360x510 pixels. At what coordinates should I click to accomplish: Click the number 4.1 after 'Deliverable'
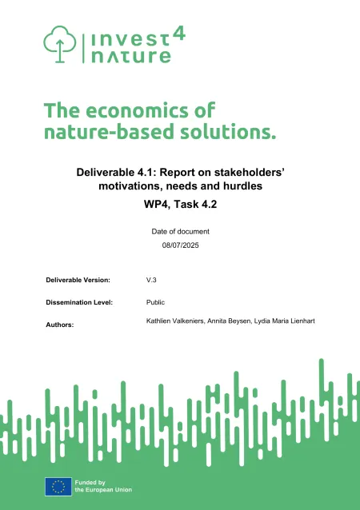coord(141,171)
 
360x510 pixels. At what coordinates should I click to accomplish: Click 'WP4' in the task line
coord(149,205)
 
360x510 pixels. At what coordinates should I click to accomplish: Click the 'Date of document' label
coord(180,231)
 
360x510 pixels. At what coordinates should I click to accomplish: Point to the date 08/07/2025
coord(180,245)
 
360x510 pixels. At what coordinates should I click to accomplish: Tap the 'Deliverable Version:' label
coord(78,281)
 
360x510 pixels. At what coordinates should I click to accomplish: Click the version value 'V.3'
coord(151,281)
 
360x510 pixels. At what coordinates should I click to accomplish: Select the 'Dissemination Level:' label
coord(78,303)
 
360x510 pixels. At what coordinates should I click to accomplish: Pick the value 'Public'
coord(155,303)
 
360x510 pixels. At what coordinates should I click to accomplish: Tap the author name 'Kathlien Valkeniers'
coord(169,321)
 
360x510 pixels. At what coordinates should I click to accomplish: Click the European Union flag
coord(58,485)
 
